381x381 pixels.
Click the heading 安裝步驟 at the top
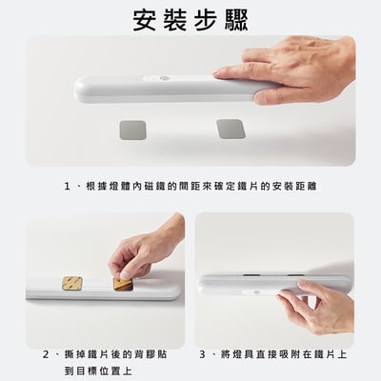click(190, 20)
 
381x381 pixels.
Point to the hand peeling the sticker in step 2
click(148, 250)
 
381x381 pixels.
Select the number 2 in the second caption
click(46, 353)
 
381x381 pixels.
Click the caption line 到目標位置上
click(98, 371)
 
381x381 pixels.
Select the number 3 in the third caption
click(204, 353)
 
